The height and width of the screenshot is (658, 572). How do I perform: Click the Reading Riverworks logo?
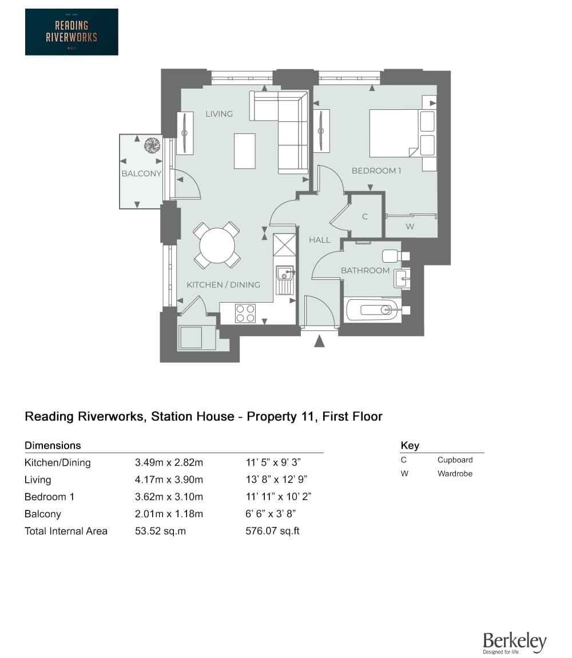coord(71,32)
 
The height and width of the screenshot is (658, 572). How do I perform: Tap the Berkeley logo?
coord(514,643)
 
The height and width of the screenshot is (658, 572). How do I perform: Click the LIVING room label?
coord(219,114)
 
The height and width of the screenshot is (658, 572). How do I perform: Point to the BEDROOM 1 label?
coord(376,171)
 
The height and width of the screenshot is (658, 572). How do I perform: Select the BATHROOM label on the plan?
coord(365,270)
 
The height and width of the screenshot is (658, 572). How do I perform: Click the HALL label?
coord(320,240)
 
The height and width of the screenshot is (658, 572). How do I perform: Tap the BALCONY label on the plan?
coord(141,173)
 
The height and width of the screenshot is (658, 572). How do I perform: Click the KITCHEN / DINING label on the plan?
coord(223,284)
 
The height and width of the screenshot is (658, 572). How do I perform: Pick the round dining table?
coord(217,245)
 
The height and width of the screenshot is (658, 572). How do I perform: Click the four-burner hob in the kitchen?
coord(245,314)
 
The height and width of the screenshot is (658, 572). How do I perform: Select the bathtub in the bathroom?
coord(372,311)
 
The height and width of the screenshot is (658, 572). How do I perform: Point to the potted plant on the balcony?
coord(152,145)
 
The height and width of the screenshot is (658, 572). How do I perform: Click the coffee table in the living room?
coord(245,151)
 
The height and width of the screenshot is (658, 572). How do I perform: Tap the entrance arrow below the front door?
coord(319,341)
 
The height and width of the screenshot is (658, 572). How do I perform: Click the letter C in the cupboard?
coord(365,217)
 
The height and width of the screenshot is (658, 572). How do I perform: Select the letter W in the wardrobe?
coord(410,227)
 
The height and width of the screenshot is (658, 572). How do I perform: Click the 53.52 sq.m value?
coord(160,531)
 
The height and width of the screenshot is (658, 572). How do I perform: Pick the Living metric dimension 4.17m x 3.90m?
coord(169,479)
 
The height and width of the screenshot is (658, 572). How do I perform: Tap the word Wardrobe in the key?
coord(455,474)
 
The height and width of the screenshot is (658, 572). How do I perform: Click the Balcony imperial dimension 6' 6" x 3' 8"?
coord(270,514)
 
